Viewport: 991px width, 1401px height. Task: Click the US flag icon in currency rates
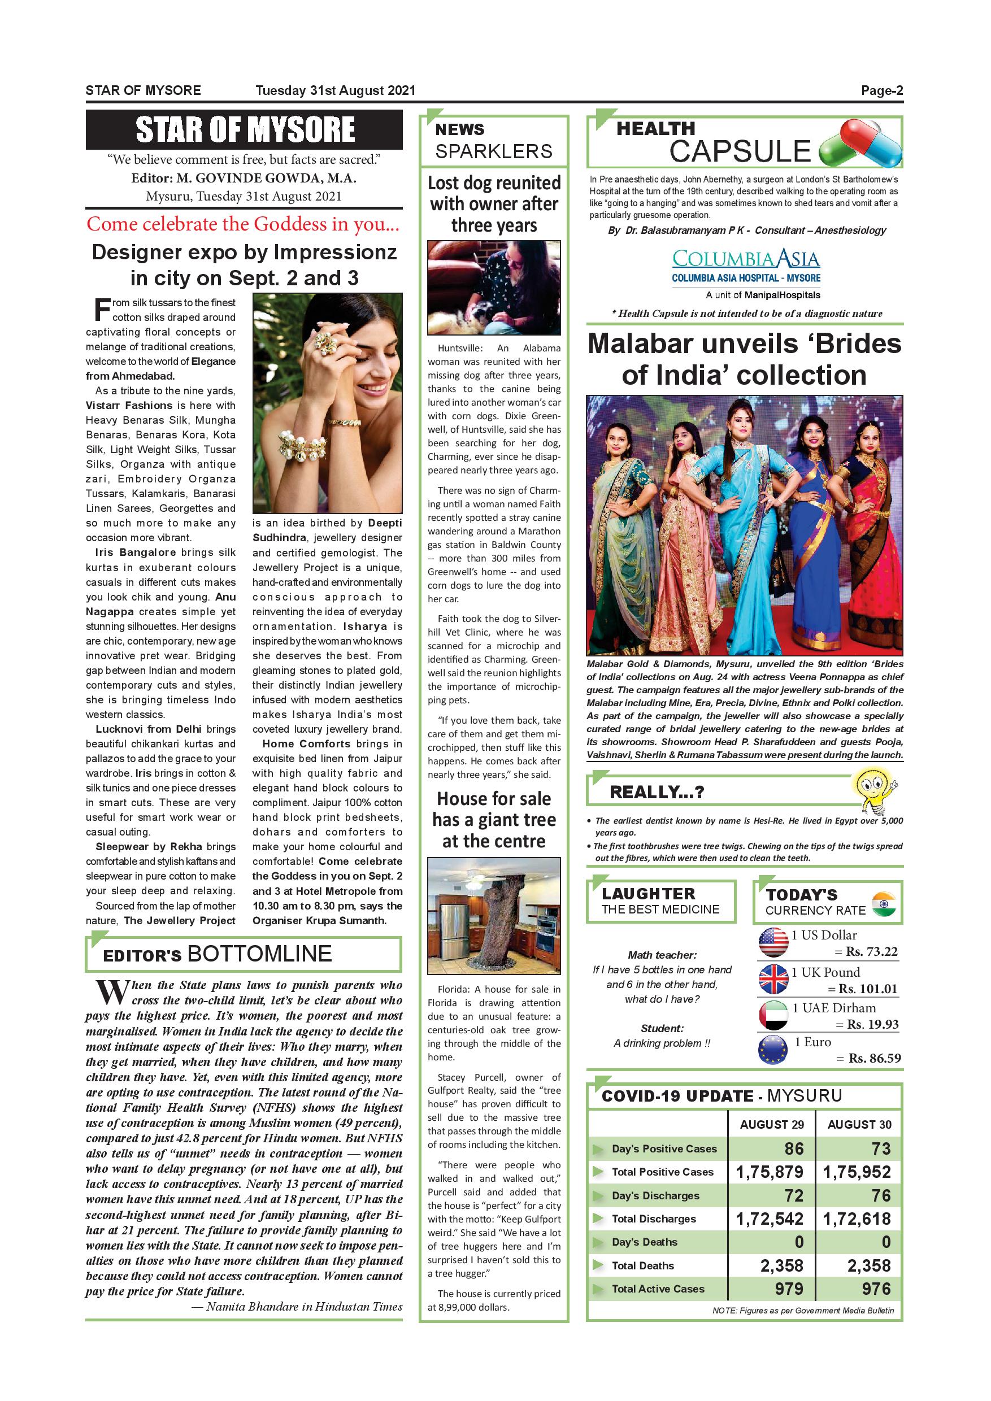(773, 942)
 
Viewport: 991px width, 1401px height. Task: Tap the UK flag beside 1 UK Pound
(773, 979)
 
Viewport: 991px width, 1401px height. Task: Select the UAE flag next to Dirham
(773, 1015)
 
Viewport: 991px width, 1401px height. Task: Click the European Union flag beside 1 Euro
(772, 1051)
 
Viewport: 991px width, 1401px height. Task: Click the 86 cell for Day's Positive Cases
(793, 1149)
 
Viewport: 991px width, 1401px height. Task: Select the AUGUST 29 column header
(771, 1125)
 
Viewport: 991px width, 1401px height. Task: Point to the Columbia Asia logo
(746, 259)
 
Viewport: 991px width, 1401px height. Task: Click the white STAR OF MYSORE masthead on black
(245, 129)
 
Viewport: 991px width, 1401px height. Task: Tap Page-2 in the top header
(882, 91)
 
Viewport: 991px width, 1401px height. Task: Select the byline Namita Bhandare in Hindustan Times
(304, 1307)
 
